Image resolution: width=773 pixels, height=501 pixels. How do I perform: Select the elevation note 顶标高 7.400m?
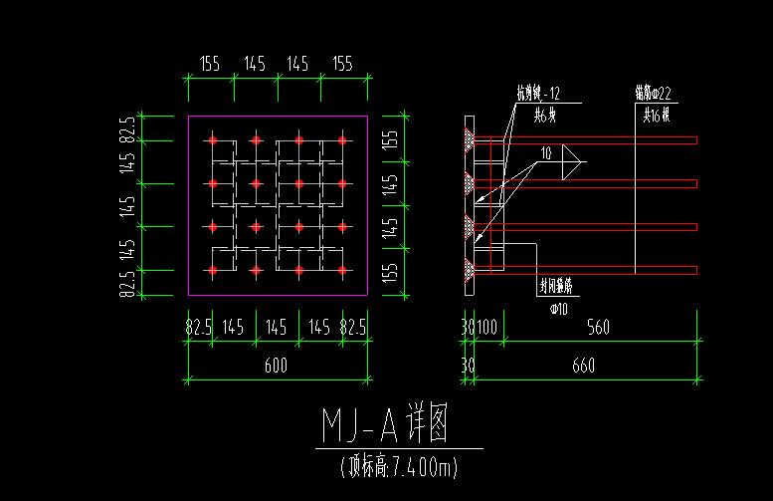tap(398, 465)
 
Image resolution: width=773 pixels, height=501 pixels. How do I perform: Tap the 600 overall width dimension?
tap(276, 366)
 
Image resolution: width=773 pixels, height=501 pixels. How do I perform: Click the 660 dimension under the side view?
tap(583, 366)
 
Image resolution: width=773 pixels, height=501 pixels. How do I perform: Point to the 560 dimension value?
tap(598, 327)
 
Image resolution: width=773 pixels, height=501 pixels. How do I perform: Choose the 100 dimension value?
tap(486, 327)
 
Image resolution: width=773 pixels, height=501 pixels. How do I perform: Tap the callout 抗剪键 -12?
tap(537, 94)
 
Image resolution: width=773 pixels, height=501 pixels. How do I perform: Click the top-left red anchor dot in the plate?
tap(212, 140)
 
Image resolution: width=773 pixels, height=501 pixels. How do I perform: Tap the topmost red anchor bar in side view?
tap(597, 140)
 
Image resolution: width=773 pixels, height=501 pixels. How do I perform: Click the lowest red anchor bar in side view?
tap(597, 270)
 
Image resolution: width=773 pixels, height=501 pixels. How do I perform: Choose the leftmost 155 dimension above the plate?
tap(209, 64)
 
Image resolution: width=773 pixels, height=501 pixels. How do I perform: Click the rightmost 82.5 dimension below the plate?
tap(353, 327)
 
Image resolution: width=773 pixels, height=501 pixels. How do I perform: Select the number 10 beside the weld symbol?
tap(546, 153)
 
